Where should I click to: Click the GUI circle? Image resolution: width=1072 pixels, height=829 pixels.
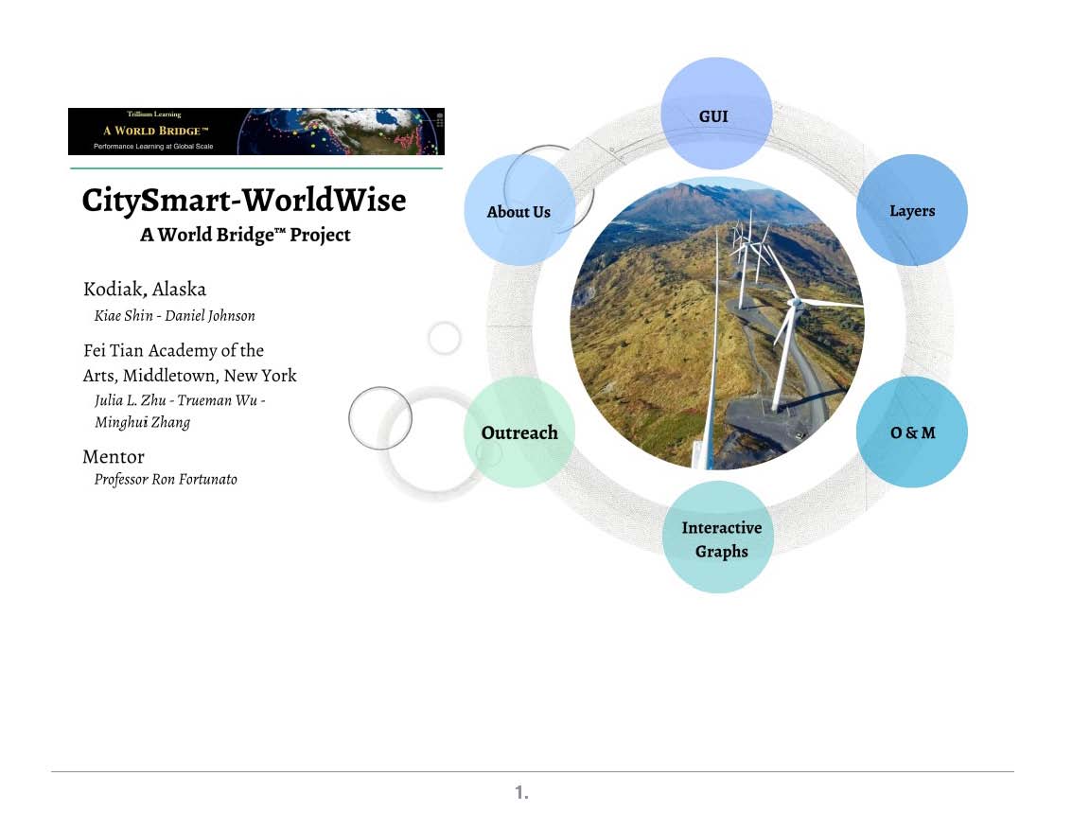716,114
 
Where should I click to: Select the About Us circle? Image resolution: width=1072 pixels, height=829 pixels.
519,210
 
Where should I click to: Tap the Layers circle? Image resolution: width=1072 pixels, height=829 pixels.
912,210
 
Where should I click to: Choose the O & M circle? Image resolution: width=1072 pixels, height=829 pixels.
912,432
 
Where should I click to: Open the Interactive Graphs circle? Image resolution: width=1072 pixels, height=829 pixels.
718,537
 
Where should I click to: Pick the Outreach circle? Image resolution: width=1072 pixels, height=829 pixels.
519,432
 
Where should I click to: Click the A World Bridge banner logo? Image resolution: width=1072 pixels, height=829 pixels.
256,132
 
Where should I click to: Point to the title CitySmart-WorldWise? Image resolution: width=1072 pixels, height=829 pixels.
244,201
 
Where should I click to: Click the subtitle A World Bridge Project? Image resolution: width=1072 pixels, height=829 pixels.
245,235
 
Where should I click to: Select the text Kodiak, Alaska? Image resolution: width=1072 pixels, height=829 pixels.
144,290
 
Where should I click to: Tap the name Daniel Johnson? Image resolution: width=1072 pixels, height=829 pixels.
210,315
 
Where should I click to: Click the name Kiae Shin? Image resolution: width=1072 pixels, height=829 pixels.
124,315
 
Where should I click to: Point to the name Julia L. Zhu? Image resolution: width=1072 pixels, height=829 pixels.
130,400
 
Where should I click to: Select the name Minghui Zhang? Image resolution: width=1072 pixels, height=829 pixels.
142,422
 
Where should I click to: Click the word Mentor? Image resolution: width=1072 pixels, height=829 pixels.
114,457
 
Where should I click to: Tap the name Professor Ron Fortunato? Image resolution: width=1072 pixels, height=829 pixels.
166,480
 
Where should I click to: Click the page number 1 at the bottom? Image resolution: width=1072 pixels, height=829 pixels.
521,792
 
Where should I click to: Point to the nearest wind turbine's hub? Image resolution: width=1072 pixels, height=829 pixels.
795,302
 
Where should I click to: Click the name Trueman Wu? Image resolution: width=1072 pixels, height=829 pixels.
218,400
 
